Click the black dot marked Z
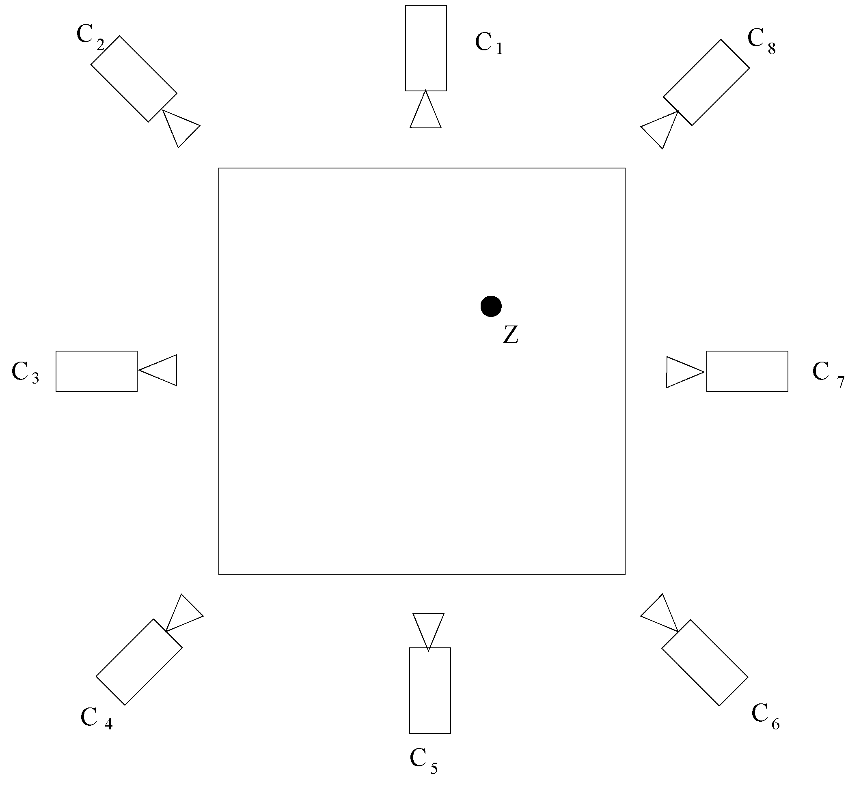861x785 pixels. pos(491,306)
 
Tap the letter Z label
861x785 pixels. pos(511,335)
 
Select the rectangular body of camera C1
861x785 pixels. pos(426,48)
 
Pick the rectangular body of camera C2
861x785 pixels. pos(134,79)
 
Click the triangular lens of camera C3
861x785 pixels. pos(163,370)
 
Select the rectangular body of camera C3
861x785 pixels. pos(97,371)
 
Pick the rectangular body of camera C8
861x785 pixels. pos(706,82)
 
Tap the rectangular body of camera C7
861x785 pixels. pos(747,371)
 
